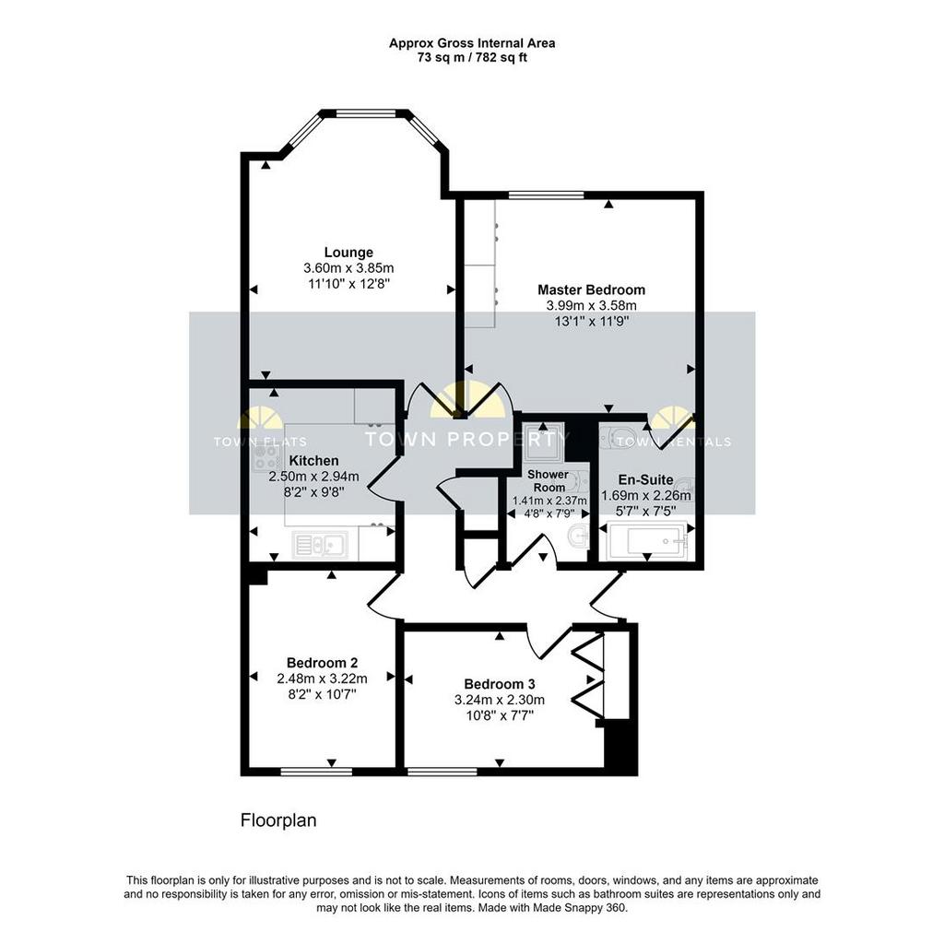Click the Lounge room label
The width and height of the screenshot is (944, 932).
348,253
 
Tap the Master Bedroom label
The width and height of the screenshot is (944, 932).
591,289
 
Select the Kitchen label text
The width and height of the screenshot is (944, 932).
313,461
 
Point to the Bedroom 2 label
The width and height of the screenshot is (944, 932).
322,663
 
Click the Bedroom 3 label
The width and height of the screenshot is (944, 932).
500,684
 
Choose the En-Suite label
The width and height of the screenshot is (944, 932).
646,480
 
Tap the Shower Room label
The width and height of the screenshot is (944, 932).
549,480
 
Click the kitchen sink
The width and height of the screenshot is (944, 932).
320,545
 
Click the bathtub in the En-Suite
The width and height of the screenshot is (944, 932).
648,540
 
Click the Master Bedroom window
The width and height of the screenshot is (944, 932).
546,195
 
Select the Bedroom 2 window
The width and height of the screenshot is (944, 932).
316,771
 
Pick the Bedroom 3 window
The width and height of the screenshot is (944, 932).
442,771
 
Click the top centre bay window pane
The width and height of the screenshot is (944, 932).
365,112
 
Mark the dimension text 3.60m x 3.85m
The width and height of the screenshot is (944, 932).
348,268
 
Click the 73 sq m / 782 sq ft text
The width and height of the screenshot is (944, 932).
472,58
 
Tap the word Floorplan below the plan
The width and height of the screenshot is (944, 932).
278,820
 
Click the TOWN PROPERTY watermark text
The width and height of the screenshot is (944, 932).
467,438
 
